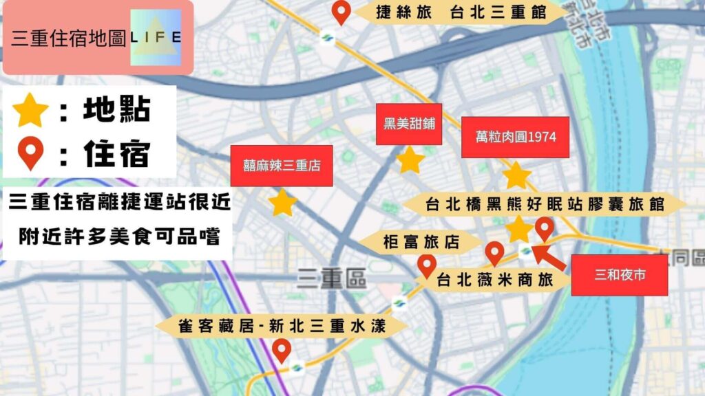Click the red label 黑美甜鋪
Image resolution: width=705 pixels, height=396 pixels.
[x=409, y=124]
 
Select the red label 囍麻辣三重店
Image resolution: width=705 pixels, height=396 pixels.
[x=282, y=166]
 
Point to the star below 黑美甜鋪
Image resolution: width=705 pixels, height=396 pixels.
[x=410, y=159]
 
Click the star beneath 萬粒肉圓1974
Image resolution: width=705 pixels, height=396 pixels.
[x=516, y=175]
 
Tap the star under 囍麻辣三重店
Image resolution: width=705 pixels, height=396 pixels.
[x=282, y=203]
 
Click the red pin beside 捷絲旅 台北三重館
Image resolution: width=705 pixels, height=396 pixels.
[x=341, y=12]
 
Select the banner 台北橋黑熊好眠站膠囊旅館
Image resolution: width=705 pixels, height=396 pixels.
[x=544, y=204]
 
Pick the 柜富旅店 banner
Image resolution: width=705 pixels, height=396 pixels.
[x=421, y=242]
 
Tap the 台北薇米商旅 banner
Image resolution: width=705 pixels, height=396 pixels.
[x=496, y=280]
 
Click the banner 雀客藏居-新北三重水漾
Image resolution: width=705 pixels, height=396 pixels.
[x=281, y=325]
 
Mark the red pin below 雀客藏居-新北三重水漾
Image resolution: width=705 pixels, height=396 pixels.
[x=281, y=351]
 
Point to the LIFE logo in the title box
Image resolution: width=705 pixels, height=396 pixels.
[x=156, y=36]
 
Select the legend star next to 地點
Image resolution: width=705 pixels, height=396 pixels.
[x=31, y=111]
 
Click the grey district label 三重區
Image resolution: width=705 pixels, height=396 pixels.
[x=332, y=278]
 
